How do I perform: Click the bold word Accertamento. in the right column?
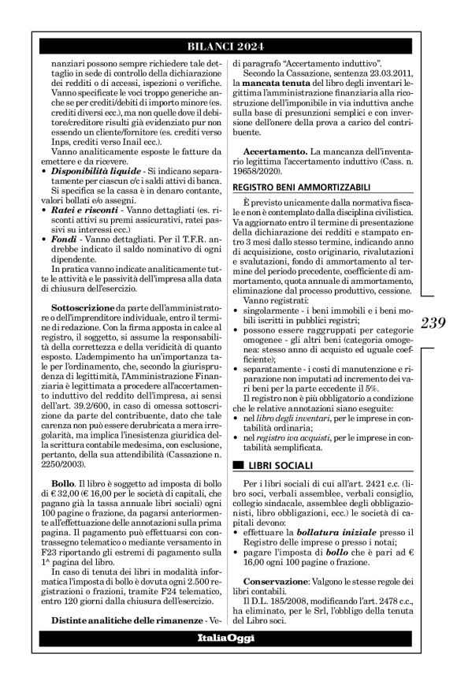pyautogui.click(x=276, y=150)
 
